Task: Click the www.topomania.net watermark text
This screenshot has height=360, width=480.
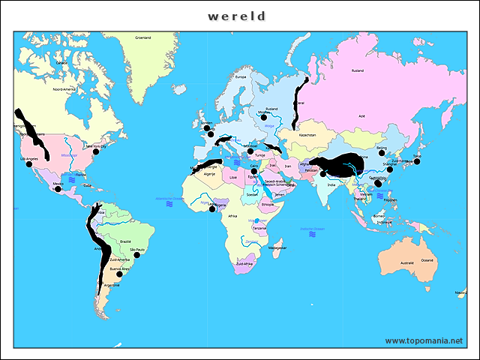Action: point(424,340)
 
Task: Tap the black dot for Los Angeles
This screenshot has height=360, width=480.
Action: point(29,164)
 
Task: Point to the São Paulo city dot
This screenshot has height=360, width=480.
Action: point(136,255)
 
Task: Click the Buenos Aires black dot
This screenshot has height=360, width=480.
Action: point(118,274)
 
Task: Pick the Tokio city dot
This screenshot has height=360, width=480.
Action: point(417,161)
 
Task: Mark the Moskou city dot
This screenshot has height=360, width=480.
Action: point(264,118)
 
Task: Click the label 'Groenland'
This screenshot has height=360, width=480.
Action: point(142,37)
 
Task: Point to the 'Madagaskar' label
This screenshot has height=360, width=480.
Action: point(277,247)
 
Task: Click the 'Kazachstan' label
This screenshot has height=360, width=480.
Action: point(308,135)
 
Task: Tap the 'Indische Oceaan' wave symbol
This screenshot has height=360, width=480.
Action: point(311,234)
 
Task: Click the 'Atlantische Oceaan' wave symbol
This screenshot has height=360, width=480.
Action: point(169,203)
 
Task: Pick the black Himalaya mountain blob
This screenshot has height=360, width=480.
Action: point(341,166)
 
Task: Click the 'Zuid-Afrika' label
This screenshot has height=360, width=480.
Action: point(244,264)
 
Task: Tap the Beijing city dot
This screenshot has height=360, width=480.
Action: point(382,153)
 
